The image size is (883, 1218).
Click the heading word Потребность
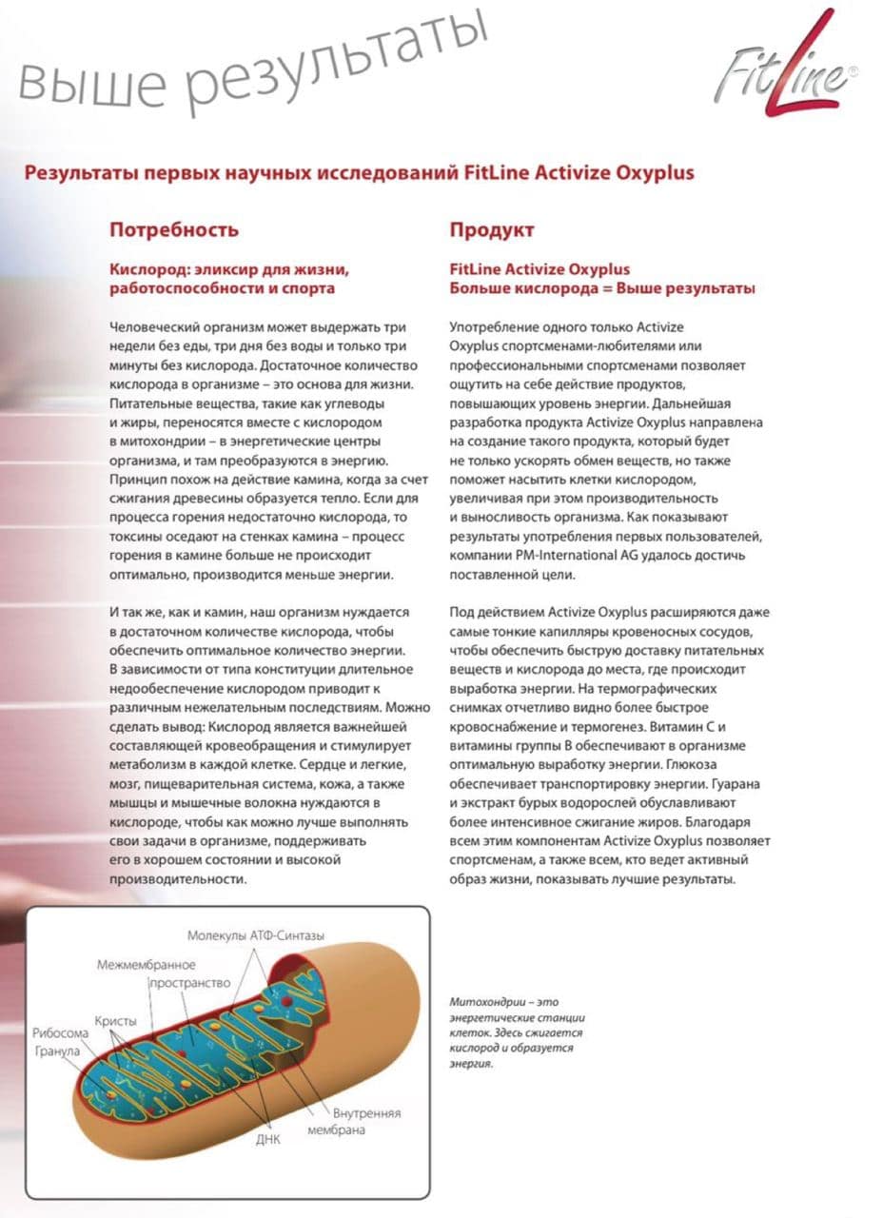click(174, 230)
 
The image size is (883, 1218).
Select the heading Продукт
click(492, 230)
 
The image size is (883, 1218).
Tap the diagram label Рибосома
click(61, 1033)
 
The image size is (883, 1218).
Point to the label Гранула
click(58, 1051)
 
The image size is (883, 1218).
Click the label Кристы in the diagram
click(116, 1019)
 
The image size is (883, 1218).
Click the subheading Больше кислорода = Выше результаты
click(602, 287)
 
